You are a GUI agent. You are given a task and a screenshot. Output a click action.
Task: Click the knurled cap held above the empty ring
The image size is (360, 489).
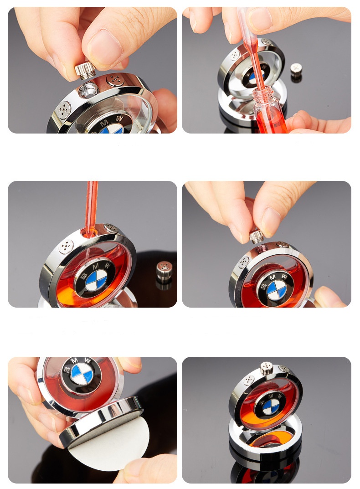85,70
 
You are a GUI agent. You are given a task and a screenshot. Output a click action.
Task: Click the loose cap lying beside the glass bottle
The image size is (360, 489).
296,71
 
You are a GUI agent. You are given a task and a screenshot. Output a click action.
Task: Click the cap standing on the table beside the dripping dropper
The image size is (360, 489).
164,271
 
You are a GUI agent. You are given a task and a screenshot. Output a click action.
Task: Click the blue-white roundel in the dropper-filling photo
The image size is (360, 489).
96,280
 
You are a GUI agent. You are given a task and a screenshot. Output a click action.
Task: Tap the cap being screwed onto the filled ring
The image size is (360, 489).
257,237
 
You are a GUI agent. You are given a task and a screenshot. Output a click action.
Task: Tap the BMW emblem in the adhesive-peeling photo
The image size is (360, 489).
82,373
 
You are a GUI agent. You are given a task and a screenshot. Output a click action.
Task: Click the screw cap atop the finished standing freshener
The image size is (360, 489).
267,368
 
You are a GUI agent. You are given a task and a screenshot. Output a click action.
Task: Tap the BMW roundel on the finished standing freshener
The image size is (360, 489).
271,407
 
